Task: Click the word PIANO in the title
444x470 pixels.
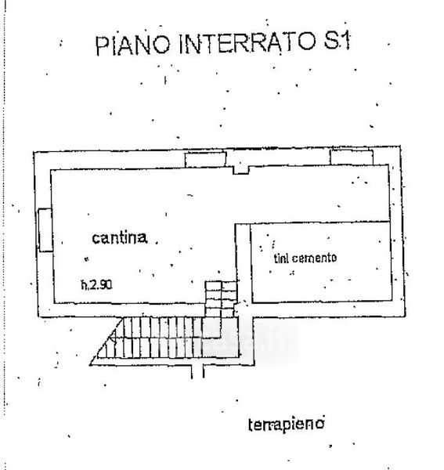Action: point(133,45)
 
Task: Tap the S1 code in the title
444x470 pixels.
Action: point(337,41)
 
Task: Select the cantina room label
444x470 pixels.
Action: point(120,237)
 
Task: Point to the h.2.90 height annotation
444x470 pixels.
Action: point(96,284)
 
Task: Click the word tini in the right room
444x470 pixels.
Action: point(281,258)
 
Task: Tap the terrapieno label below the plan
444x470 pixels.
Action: point(286,424)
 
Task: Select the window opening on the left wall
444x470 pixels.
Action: point(45,230)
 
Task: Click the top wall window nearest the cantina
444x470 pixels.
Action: point(205,160)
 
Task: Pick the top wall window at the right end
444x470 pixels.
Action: point(352,157)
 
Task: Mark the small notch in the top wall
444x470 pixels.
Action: point(241,170)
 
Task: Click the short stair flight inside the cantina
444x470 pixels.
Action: point(221,298)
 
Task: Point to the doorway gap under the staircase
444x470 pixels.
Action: point(197,371)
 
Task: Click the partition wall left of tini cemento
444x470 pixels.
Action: point(244,263)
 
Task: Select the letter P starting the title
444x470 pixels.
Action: point(102,46)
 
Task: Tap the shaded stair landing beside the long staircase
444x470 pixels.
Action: point(221,338)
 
